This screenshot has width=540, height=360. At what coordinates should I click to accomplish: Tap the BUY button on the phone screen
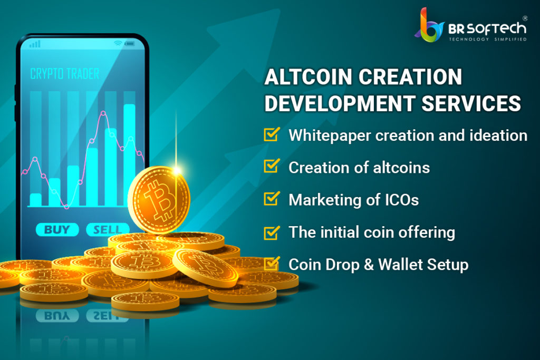click(57, 230)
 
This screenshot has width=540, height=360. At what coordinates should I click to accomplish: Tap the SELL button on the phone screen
click(108, 230)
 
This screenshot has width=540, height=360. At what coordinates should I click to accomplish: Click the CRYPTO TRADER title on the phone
click(65, 74)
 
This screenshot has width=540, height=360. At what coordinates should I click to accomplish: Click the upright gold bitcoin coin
click(159, 200)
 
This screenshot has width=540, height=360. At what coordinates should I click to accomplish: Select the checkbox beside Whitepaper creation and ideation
click(272, 134)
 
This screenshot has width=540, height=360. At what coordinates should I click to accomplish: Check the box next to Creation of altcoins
click(272, 166)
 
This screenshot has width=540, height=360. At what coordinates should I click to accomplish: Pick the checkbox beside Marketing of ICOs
click(272, 199)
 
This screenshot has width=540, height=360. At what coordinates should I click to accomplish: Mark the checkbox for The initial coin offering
click(272, 232)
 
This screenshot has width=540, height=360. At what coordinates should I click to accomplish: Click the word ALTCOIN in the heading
click(308, 76)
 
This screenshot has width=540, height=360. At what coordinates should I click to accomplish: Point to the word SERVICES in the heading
click(471, 103)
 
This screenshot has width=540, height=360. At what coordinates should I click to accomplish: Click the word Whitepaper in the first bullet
click(330, 135)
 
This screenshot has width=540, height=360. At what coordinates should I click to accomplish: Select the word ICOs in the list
click(401, 200)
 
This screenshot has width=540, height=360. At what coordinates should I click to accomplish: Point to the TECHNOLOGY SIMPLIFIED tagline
click(488, 39)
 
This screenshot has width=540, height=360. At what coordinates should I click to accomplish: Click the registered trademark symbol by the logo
click(525, 18)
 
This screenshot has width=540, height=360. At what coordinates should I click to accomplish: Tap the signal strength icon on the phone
click(35, 44)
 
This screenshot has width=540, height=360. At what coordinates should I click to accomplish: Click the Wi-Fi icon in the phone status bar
click(118, 43)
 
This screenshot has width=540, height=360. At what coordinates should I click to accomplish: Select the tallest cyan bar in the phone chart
click(130, 155)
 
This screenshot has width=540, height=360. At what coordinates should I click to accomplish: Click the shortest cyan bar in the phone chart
click(36, 200)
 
